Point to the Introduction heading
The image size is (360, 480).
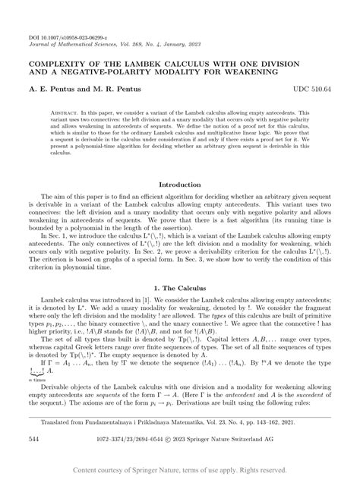(x=179, y=185)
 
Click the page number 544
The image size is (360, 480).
(x=36, y=439)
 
